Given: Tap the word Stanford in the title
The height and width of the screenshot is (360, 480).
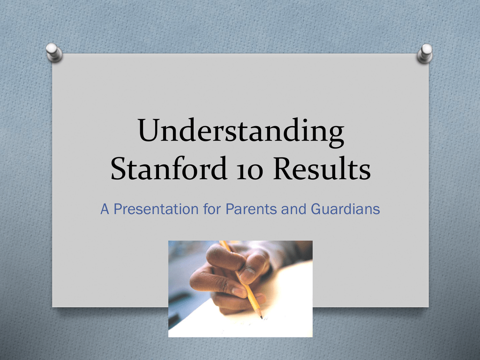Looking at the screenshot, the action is [168, 168].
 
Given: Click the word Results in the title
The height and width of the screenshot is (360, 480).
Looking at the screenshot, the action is [322, 168].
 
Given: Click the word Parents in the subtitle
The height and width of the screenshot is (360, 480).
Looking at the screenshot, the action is [251, 209].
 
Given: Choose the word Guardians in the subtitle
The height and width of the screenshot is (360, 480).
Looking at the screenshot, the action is [345, 209].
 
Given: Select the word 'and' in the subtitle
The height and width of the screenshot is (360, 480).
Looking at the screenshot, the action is [293, 209].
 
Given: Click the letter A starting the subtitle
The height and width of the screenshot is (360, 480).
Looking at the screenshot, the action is [105, 210].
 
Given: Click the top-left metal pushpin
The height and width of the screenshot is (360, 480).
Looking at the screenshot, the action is [54, 52].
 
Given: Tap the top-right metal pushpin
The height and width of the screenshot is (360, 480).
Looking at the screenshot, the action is [425, 53].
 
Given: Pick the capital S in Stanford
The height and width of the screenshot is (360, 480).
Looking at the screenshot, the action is [118, 168].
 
